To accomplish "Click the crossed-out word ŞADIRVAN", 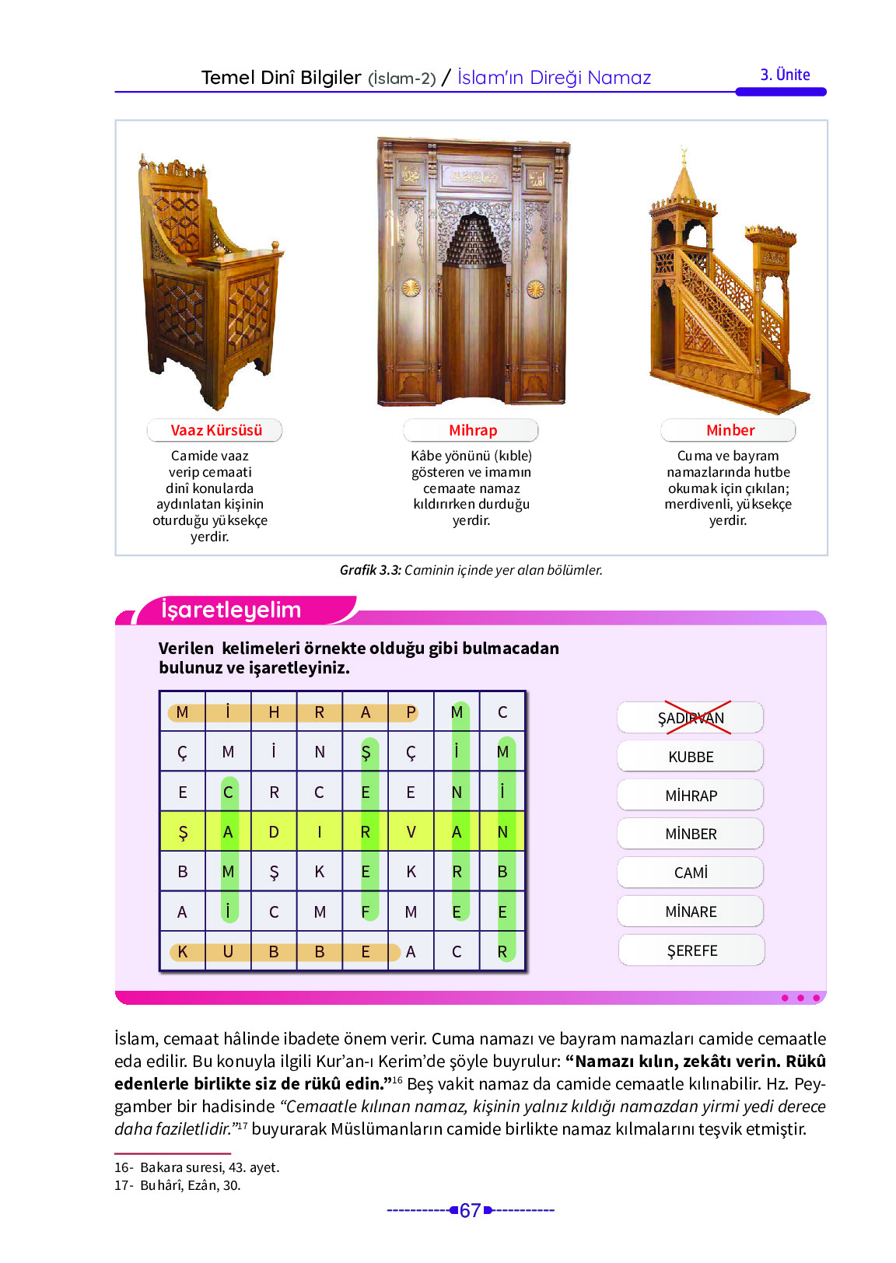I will (691, 718).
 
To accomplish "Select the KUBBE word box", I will (691, 757).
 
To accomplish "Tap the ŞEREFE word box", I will (691, 950).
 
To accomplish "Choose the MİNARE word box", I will (691, 911).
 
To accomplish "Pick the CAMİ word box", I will (691, 873).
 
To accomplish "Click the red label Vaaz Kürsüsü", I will (215, 430).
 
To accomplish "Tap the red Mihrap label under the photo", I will (472, 430).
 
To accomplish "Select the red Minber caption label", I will (730, 430).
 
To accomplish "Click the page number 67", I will (470, 1210).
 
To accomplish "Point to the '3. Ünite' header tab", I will (785, 75).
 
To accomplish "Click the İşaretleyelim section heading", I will (231, 610).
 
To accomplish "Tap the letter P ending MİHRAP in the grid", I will (411, 712).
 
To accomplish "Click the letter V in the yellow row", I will (411, 832).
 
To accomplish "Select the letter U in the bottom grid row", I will (228, 951).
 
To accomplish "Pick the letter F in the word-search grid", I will (366, 911).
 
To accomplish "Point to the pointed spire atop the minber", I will (684, 175).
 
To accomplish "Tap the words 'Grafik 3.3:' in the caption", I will (370, 570).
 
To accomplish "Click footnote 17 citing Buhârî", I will (177, 1185).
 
